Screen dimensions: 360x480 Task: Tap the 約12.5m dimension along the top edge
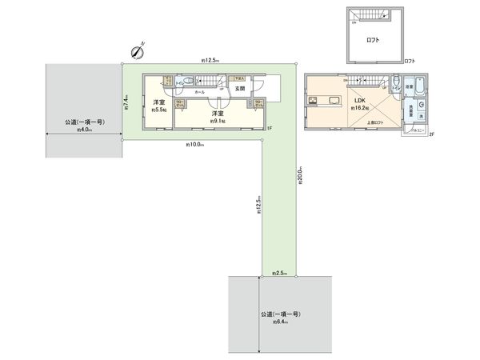(x=210, y=59)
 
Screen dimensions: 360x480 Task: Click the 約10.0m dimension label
(x=194, y=145)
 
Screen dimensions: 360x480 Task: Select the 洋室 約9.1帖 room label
(x=218, y=117)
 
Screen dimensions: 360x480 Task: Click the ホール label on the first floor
(x=199, y=93)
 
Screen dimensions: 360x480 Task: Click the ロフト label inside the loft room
(x=372, y=39)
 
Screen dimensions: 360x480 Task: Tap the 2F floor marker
(x=433, y=134)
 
